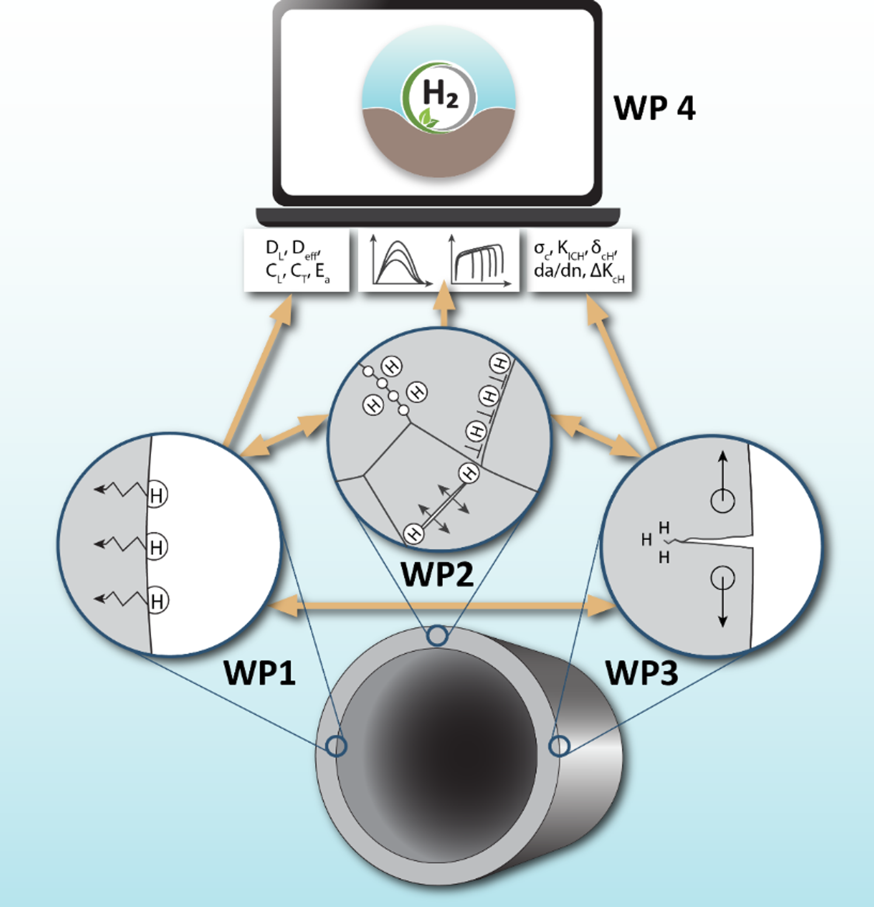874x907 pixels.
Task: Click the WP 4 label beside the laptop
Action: (654, 108)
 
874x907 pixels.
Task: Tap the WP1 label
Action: (259, 672)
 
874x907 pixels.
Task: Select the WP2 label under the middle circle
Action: (437, 574)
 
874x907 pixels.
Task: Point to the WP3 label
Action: (642, 672)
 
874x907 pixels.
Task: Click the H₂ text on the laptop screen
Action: (440, 94)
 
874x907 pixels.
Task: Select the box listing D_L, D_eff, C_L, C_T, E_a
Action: (297, 260)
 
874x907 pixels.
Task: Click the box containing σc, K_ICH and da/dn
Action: (579, 260)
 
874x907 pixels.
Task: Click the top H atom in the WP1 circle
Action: (156, 495)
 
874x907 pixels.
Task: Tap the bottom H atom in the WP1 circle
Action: (157, 601)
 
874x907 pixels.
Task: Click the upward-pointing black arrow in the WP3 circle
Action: (723, 477)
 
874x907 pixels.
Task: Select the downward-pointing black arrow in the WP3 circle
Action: (723, 602)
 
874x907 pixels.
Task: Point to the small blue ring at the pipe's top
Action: (437, 636)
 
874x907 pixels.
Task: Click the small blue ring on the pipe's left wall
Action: (336, 746)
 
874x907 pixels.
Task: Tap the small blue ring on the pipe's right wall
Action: (559, 746)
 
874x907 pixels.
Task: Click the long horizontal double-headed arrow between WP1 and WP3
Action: (442, 605)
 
